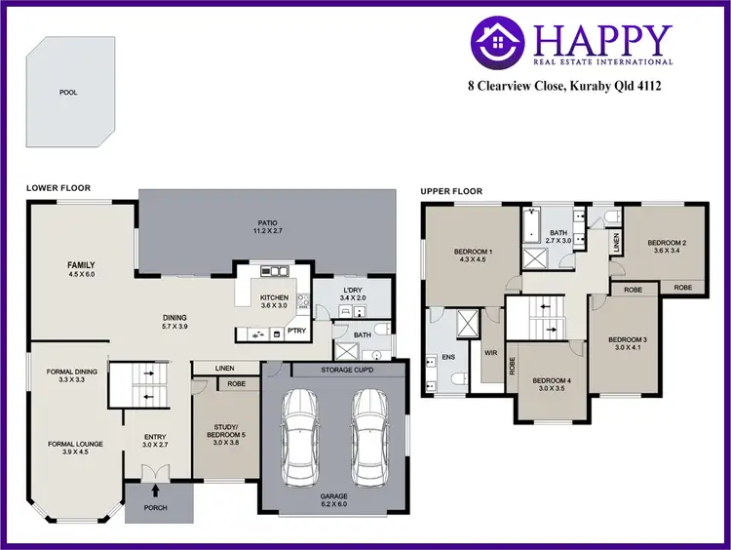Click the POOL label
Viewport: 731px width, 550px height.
(x=67, y=93)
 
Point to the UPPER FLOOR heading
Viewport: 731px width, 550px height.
(x=450, y=191)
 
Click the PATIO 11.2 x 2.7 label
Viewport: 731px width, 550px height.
(x=266, y=227)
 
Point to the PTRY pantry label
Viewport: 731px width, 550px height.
(x=296, y=332)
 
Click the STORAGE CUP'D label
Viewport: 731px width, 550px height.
(x=333, y=372)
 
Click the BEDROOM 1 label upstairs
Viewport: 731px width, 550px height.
(x=473, y=256)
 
